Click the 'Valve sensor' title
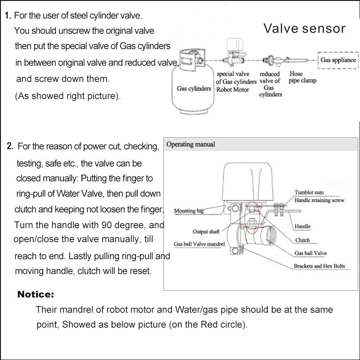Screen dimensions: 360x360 pyautogui.click(x=304, y=29)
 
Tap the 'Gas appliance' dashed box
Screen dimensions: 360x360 pyautogui.click(x=338, y=60)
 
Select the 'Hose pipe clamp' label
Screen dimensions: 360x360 pyautogui.click(x=302, y=77)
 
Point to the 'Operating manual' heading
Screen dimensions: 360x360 pyautogui.click(x=191, y=144)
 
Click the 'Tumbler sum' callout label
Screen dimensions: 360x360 pyautogui.click(x=310, y=193)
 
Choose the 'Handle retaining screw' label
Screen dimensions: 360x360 pyautogui.click(x=319, y=200)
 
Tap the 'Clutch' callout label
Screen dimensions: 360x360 pyautogui.click(x=302, y=240)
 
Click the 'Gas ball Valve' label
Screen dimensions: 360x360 pyautogui.click(x=310, y=253)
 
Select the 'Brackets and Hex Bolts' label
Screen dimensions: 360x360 pyautogui.click(x=319, y=266)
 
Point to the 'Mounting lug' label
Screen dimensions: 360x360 pyautogui.click(x=189, y=211)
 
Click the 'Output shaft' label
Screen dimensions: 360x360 pyautogui.click(x=206, y=232)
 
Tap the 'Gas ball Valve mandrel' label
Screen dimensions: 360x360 pyautogui.click(x=200, y=244)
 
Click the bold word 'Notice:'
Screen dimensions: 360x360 pyautogui.click(x=36, y=295)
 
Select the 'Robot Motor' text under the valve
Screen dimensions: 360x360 pyautogui.click(x=233, y=90)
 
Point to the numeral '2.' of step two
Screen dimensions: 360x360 pyautogui.click(x=10, y=146)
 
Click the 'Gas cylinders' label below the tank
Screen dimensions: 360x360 pyautogui.click(x=193, y=89)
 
